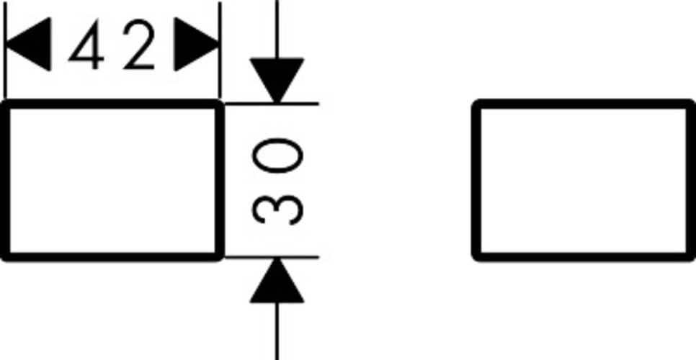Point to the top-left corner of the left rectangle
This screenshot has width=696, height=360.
(x=6, y=106)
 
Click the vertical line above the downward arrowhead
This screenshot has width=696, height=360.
(x=277, y=25)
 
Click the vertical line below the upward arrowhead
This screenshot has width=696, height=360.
(x=277, y=331)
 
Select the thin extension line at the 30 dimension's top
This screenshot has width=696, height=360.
(x=303, y=103)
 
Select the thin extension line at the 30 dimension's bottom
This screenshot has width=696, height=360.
(x=303, y=256)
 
